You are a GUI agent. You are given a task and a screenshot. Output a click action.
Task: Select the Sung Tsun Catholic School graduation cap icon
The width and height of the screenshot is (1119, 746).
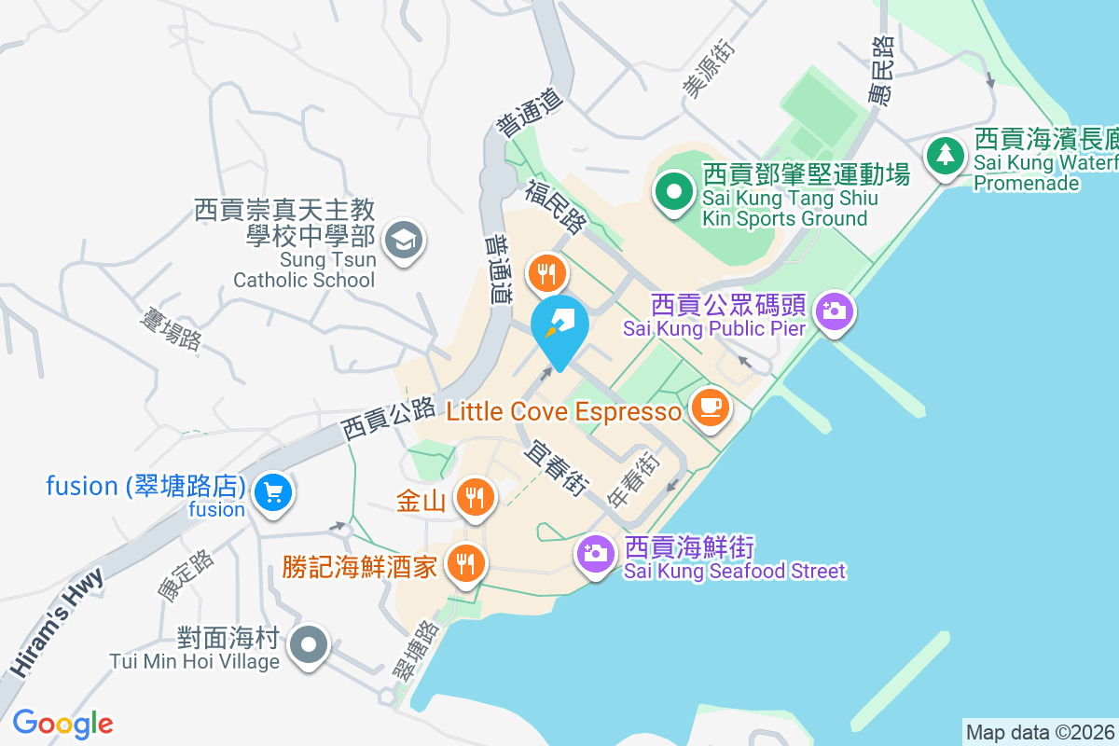click(404, 241)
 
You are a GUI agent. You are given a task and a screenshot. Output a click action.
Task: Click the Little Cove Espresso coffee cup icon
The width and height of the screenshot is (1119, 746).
click(711, 409)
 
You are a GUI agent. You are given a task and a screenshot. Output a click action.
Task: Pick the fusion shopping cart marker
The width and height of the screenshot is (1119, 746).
click(273, 491)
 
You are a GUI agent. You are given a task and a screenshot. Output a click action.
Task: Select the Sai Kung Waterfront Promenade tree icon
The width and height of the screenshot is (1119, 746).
click(946, 155)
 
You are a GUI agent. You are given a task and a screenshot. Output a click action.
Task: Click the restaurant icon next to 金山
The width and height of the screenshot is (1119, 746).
click(476, 497)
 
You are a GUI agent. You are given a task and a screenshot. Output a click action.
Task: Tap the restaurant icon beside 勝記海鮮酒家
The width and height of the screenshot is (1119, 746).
click(464, 563)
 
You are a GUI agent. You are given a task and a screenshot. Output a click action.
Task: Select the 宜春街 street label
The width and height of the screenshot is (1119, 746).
click(557, 465)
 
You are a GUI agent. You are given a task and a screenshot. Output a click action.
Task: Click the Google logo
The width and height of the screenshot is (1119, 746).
click(62, 724)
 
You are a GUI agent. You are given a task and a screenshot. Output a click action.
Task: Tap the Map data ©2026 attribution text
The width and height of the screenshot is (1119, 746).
click(1040, 733)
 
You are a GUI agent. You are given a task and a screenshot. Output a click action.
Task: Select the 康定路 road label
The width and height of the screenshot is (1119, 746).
click(186, 574)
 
